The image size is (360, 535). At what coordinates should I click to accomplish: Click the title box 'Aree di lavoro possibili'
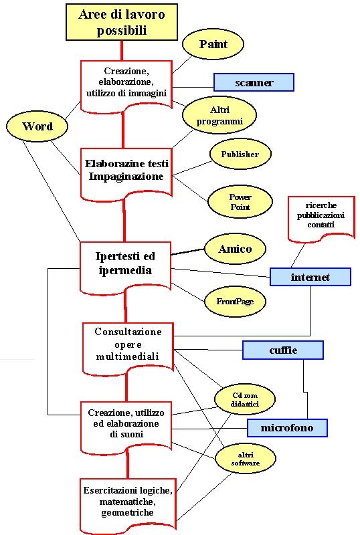coord(122,22)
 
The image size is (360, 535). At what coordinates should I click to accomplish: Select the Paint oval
coord(213,44)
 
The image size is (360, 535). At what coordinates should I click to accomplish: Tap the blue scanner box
coord(254,82)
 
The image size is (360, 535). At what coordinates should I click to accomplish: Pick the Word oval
coord(37,126)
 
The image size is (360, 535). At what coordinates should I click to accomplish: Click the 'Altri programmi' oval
coord(219,115)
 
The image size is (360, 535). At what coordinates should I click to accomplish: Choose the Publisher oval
coord(240,154)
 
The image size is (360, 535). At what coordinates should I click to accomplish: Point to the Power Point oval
coord(240,202)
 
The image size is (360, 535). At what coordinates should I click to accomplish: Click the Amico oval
coord(235,249)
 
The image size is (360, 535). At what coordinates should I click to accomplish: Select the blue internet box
coord(310,277)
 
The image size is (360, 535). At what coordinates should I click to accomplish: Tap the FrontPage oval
coord(235,302)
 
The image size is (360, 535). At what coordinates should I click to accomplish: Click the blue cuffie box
coord(283,350)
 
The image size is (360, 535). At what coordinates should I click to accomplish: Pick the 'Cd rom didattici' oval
coord(244,399)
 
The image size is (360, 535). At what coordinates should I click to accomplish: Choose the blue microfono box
coord(287,428)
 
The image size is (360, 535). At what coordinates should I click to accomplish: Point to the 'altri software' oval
coord(245,459)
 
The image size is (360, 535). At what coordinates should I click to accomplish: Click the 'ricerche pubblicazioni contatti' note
coord(321,218)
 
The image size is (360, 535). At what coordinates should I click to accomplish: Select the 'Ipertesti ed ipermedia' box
coord(125,266)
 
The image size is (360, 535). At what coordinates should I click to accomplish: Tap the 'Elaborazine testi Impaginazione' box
coord(126,173)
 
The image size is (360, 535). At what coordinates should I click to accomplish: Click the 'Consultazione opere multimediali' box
coord(128,347)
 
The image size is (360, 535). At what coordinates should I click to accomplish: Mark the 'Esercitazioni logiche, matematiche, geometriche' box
coord(128,504)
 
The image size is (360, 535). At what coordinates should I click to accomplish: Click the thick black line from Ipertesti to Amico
coord(188,252)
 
